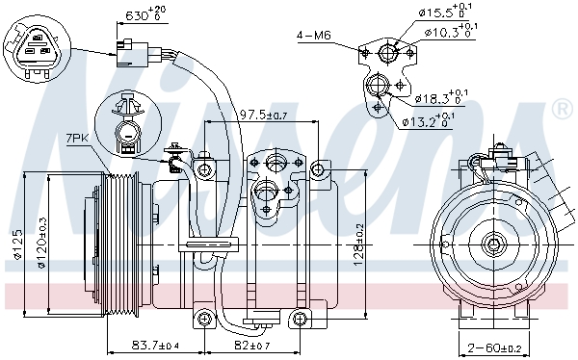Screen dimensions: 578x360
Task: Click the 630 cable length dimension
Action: [x=145, y=14]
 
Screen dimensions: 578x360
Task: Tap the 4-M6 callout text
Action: [x=314, y=36]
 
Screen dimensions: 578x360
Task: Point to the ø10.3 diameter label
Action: [x=451, y=31]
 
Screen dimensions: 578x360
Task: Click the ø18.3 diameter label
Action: [x=441, y=97]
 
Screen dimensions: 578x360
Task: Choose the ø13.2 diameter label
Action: [x=429, y=120]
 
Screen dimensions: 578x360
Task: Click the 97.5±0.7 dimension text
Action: [x=263, y=115]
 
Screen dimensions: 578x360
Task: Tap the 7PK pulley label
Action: [x=77, y=139]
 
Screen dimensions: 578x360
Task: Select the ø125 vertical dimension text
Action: [x=17, y=244]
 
